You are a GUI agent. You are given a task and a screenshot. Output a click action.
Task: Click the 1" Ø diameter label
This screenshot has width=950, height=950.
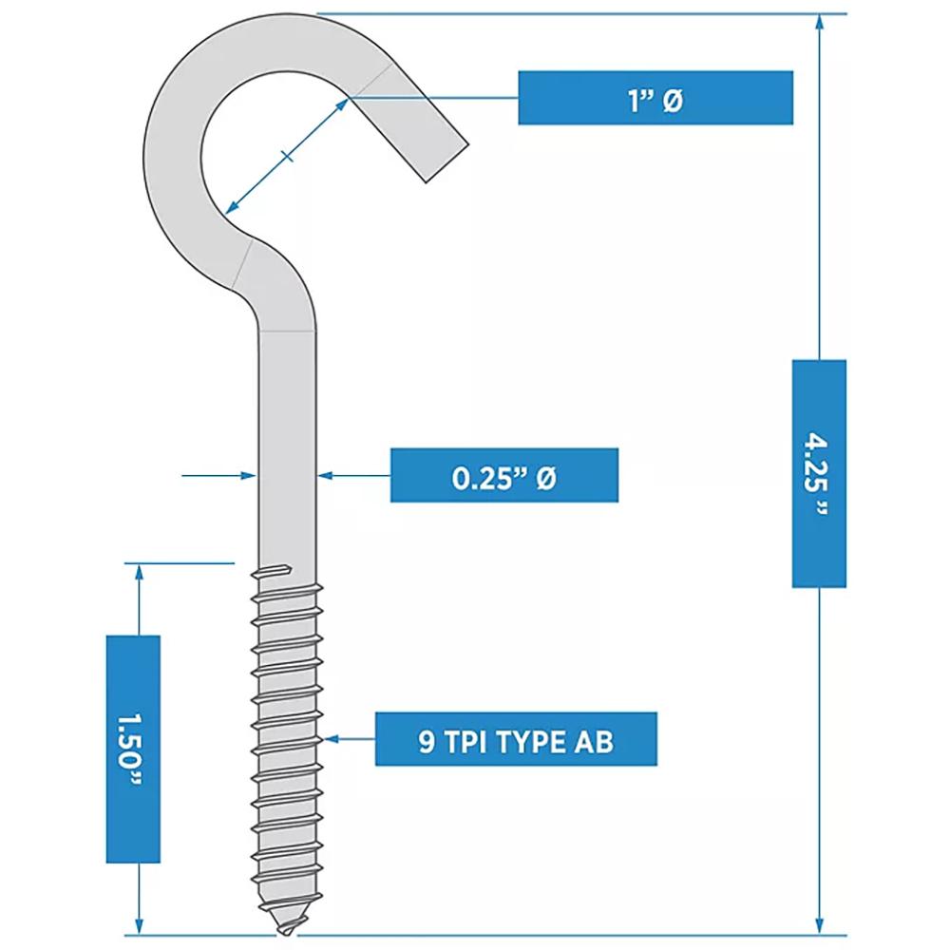pos(655,97)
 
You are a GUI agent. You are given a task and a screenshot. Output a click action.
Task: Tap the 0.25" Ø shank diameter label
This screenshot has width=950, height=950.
pos(503,475)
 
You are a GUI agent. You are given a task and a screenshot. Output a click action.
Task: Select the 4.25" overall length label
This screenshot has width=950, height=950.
pos(819,473)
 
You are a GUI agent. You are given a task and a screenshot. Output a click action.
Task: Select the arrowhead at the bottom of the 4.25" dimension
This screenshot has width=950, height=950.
pos(819,927)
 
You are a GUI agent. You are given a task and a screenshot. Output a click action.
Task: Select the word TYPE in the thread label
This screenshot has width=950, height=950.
pos(514,739)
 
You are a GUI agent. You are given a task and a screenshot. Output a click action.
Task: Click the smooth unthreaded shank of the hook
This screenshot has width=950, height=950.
pos(287,427)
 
